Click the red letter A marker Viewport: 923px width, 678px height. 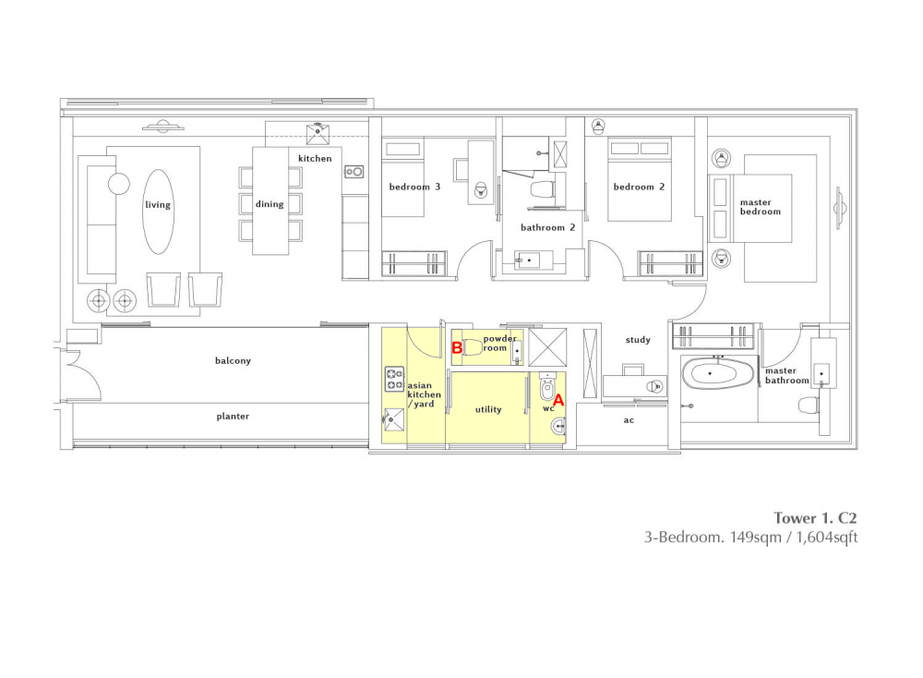(x=558, y=401)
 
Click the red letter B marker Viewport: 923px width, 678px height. (x=457, y=347)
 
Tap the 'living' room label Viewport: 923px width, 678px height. (x=158, y=204)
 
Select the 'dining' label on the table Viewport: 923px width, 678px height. (x=270, y=204)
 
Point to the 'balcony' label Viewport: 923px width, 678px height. (x=234, y=360)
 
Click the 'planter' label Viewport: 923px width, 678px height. (x=234, y=416)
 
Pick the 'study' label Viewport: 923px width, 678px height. (x=638, y=340)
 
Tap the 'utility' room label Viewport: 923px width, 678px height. (x=488, y=409)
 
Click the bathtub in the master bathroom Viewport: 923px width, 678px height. (x=718, y=374)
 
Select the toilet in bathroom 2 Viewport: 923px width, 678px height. (x=543, y=189)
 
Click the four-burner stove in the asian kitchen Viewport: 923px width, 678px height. (x=394, y=379)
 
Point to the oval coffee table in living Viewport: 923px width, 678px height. (x=158, y=212)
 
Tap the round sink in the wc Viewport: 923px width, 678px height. (x=558, y=426)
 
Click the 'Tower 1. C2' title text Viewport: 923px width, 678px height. (x=815, y=518)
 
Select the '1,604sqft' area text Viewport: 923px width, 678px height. (x=826, y=538)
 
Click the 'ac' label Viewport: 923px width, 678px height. (x=629, y=420)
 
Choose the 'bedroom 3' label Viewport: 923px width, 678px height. (x=414, y=187)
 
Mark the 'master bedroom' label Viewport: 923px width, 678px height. (x=761, y=207)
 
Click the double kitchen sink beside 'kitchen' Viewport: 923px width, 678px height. (x=354, y=172)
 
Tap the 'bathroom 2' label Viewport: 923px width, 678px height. (x=547, y=227)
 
